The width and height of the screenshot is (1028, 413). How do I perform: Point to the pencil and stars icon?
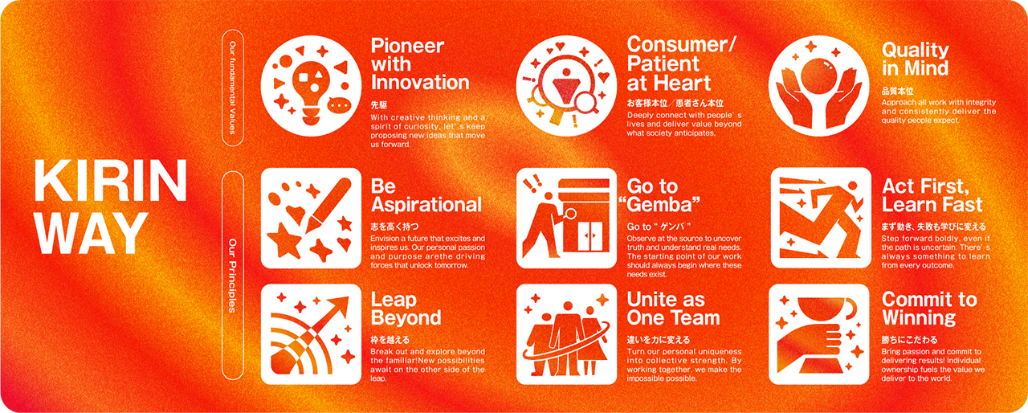tap(310, 218)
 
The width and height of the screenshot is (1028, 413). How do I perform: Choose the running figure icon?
tap(820, 218)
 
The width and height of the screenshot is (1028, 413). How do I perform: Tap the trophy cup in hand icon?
tap(820, 334)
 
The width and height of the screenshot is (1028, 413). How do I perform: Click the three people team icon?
tap(566, 334)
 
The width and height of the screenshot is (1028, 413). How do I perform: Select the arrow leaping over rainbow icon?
tap(310, 334)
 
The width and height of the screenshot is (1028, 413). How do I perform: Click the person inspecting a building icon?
tap(566, 218)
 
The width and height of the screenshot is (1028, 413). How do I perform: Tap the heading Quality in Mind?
tap(915, 59)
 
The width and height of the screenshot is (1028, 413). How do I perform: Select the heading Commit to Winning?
tap(929, 309)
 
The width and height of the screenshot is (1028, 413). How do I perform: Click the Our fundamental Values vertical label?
tap(232, 89)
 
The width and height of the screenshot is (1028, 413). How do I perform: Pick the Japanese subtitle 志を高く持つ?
tap(394, 227)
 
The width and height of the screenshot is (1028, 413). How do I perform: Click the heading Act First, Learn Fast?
tap(932, 195)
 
